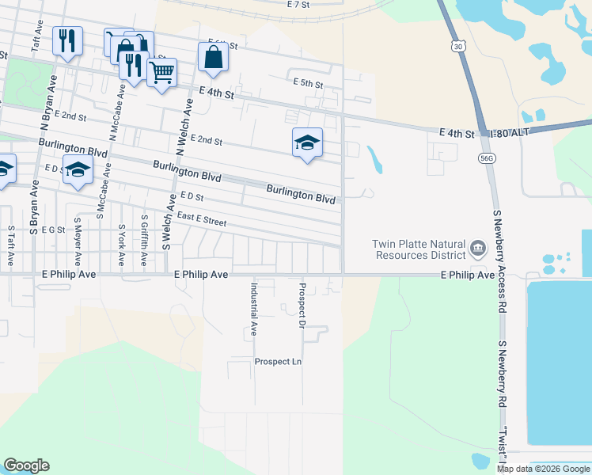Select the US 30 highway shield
coord(459,47)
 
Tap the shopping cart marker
coord(161,73)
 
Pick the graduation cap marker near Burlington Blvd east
coord(307,143)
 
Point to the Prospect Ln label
coord(278,362)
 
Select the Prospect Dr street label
coord(302,304)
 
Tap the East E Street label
coord(201,219)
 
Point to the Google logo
coord(26,465)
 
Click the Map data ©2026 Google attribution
coord(544,469)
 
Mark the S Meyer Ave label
coord(78,242)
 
